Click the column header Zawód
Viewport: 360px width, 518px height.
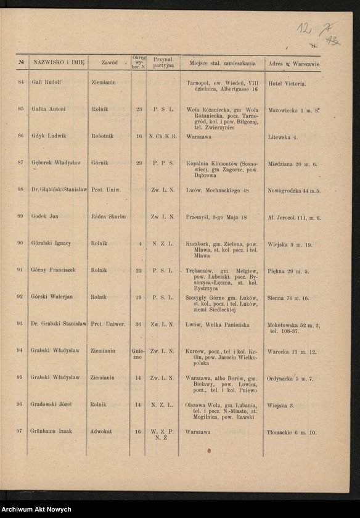[x=109, y=63]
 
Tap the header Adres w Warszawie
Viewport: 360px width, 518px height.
[x=293, y=64]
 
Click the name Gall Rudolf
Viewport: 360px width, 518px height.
[x=47, y=82]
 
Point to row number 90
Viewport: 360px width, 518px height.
[x=20, y=244]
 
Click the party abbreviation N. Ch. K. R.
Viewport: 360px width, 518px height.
[x=163, y=136]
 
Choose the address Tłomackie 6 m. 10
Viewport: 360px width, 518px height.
[x=292, y=432]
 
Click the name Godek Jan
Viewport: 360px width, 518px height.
[x=45, y=216]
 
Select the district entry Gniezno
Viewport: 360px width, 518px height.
[x=137, y=353]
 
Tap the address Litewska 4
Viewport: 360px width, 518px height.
[x=282, y=136]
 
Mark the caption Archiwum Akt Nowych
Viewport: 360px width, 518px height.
[x=36, y=510]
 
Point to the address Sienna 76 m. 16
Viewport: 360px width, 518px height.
[x=288, y=297]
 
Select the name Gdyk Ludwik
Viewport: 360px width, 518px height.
[x=48, y=136]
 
